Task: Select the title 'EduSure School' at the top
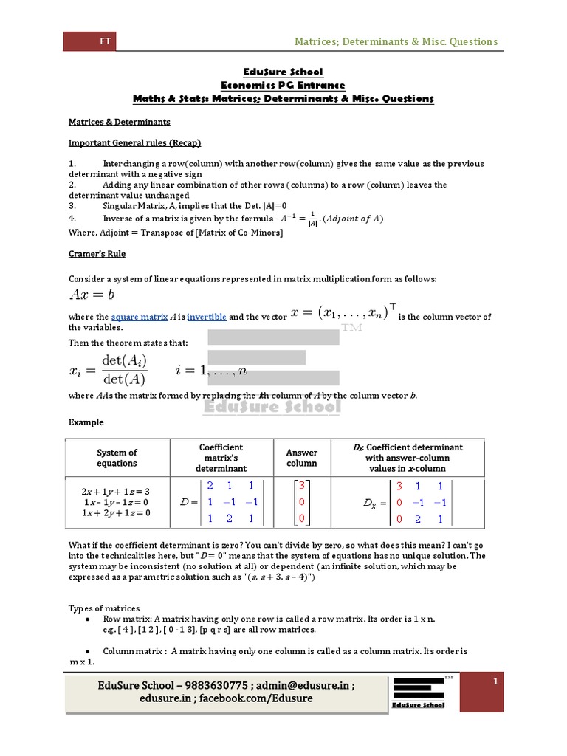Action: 283,72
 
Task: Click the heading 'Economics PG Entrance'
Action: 283,85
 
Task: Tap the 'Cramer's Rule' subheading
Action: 97,254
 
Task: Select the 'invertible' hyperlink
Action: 207,317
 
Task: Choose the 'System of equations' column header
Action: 117,458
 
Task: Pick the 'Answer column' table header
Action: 301,458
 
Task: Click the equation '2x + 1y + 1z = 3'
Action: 116,491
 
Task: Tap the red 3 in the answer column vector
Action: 302,486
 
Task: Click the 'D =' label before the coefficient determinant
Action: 189,502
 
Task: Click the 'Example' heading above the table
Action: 86,422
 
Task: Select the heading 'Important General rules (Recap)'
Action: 135,142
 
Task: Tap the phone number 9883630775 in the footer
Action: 209,685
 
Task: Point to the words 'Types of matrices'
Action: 104,608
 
